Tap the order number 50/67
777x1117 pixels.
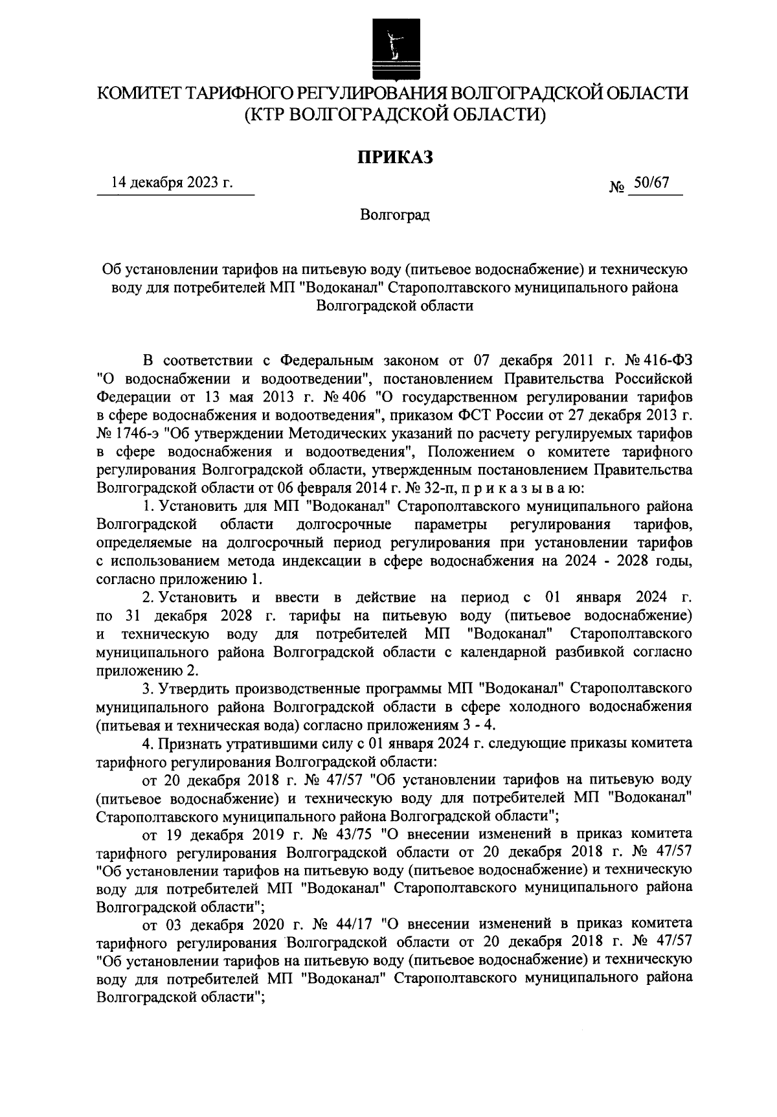tap(651, 183)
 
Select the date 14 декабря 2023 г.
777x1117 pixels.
tap(172, 183)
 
